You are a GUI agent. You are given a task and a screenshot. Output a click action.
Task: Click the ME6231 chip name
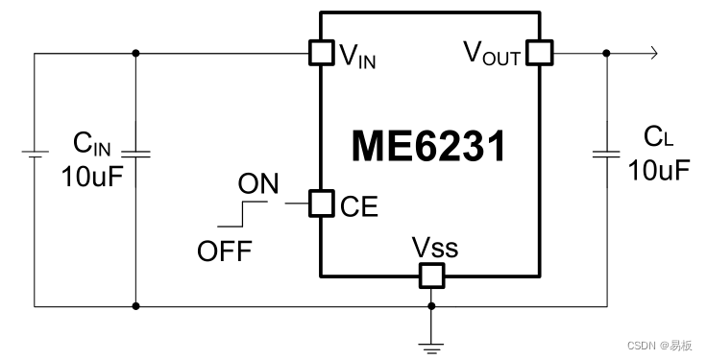point(428,147)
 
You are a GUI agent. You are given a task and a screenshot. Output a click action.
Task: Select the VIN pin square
point(320,53)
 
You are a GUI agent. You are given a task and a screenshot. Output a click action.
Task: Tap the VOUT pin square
point(539,53)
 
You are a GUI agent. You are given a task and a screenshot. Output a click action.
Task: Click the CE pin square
point(320,204)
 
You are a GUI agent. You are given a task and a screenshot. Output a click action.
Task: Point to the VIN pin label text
point(357,55)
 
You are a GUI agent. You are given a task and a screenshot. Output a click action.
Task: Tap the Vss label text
point(435,248)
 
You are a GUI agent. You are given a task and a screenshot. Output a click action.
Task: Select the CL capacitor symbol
point(606,153)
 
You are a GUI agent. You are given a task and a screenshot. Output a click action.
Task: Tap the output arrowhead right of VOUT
point(653,53)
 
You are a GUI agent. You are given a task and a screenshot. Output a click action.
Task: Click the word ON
point(258,183)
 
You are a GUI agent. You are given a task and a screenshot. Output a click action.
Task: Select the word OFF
point(224,252)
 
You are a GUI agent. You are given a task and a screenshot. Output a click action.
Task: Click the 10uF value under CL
point(659,171)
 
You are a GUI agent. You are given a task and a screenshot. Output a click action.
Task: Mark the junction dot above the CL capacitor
point(606,53)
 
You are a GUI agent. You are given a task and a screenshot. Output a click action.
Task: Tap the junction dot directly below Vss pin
point(431,307)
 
